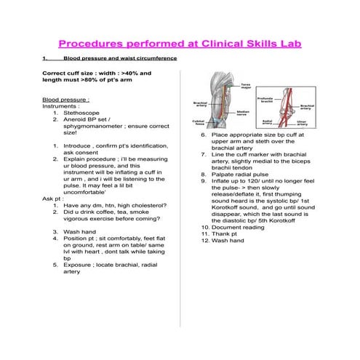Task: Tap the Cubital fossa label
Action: [197, 123]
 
